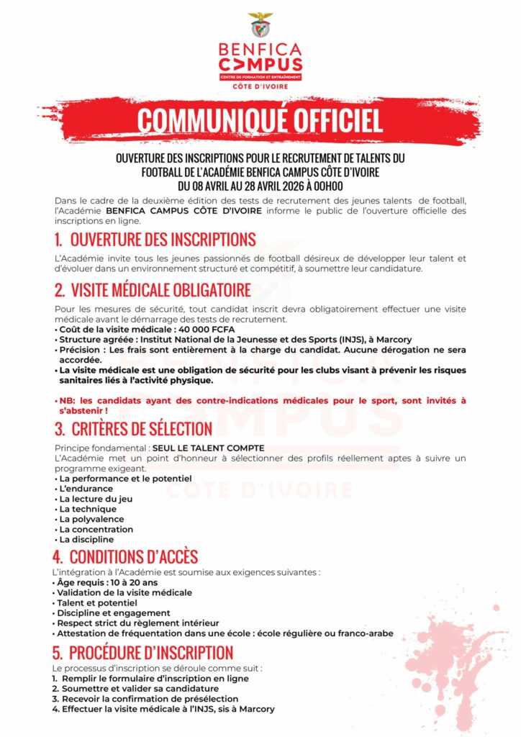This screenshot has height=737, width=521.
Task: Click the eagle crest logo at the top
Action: click(x=260, y=24)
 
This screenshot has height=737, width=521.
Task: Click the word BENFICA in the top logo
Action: click(x=260, y=50)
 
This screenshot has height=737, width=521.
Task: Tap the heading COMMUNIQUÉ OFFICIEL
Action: click(x=260, y=121)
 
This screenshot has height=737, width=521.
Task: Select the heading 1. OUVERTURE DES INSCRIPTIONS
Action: click(x=155, y=240)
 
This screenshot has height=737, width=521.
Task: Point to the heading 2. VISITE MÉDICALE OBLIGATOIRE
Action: click(x=153, y=290)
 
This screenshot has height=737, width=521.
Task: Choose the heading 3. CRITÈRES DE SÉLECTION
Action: click(x=133, y=429)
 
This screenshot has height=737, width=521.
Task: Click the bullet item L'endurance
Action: click(x=86, y=489)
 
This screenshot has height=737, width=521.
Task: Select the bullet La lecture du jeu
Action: click(x=96, y=499)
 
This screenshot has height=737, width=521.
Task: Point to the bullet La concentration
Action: click(x=96, y=529)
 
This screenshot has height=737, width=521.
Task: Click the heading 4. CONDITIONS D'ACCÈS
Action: click(x=125, y=557)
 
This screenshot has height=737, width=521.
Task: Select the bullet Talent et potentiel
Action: click(x=97, y=602)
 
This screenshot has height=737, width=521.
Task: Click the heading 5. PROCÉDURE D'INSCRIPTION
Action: click(x=143, y=653)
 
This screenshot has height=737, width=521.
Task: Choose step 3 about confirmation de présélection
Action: click(x=145, y=699)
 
